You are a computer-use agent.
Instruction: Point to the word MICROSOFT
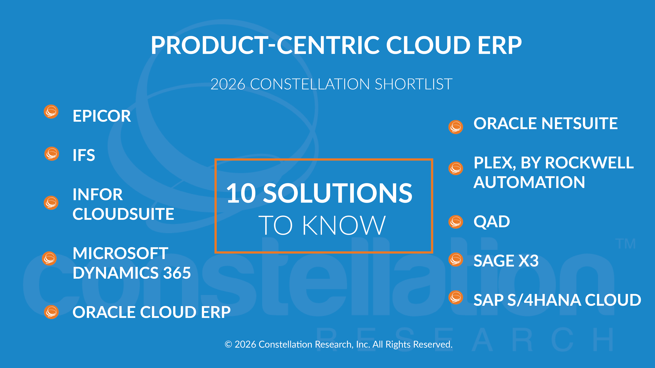[x=120, y=253]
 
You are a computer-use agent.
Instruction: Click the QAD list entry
[x=492, y=222]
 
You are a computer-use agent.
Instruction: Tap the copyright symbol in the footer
[x=228, y=344]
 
